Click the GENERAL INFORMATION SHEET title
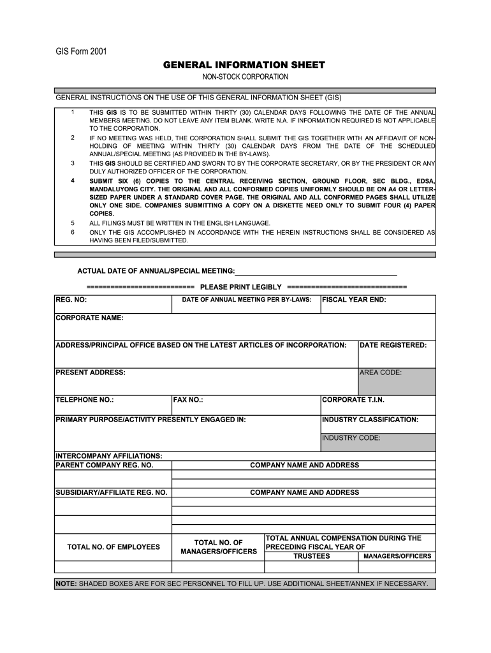pyautogui.click(x=244, y=66)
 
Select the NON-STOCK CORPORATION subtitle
pyautogui.click(x=246, y=77)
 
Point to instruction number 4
pyautogui.click(x=73, y=181)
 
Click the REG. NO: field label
pyautogui.click(x=71, y=300)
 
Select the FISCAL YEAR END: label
pyautogui.click(x=354, y=300)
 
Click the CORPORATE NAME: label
pyautogui.click(x=89, y=318)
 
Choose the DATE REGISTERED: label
pyautogui.click(x=393, y=345)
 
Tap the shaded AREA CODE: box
pyautogui.click(x=397, y=381)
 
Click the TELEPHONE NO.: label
pyautogui.click(x=85, y=400)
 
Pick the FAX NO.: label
pyautogui.click(x=188, y=400)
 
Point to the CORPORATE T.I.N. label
pyautogui.click(x=353, y=400)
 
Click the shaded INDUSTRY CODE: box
pyautogui.click(x=378, y=442)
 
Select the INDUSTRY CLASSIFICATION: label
pyautogui.click(x=370, y=420)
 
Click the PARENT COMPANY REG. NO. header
pyautogui.click(x=105, y=466)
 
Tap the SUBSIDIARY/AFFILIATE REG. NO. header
pyautogui.click(x=112, y=492)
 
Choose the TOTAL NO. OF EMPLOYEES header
pyautogui.click(x=114, y=547)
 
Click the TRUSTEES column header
pyautogui.click(x=311, y=556)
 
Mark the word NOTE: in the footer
pyautogui.click(x=66, y=583)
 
